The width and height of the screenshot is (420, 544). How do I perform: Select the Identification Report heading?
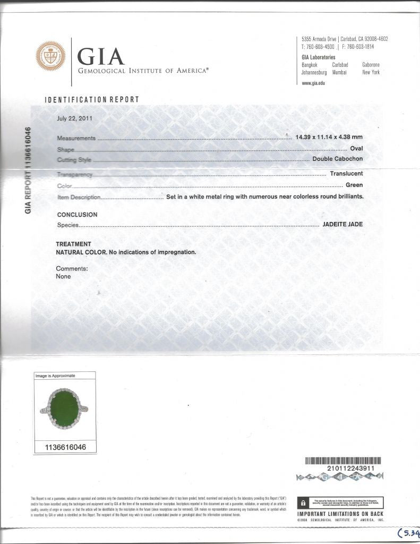click(x=92, y=99)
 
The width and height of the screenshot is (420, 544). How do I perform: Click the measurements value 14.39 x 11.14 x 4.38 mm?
click(x=329, y=138)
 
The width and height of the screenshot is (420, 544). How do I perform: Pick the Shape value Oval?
click(x=356, y=149)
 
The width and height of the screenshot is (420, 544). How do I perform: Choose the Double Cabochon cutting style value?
click(x=338, y=159)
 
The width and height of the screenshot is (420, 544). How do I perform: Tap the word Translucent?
click(x=346, y=174)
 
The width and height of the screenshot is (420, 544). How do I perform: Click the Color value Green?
click(x=354, y=185)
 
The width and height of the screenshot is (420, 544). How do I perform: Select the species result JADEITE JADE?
click(x=343, y=225)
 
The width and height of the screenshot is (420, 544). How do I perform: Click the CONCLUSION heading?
click(x=77, y=215)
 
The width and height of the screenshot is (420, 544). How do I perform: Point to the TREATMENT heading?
click(x=74, y=244)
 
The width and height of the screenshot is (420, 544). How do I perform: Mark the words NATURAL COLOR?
click(x=81, y=252)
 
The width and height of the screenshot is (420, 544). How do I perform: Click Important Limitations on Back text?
click(x=340, y=514)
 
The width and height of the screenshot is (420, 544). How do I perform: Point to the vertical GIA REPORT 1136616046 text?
click(x=29, y=171)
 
